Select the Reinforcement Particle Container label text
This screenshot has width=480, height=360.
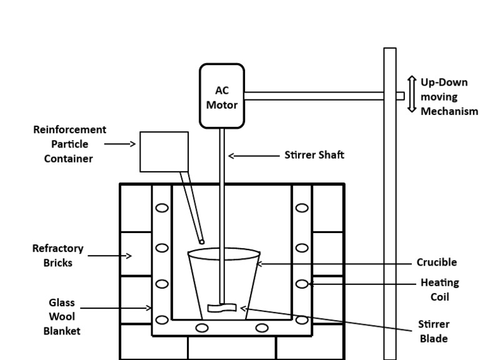tap(69, 144)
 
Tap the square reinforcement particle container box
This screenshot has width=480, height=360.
tap(164, 151)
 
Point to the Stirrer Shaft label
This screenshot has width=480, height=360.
tap(314, 155)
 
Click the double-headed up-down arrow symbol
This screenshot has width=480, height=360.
tap(411, 94)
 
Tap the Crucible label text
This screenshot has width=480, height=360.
tap(436, 262)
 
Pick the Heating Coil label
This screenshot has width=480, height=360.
tap(439, 290)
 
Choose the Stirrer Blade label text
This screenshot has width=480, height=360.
tap(434, 331)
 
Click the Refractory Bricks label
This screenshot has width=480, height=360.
tap(57, 256)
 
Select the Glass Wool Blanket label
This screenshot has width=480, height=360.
tap(61, 316)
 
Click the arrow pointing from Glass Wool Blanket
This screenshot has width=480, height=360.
tap(116, 307)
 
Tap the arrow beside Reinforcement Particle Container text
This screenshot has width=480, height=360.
tap(119, 144)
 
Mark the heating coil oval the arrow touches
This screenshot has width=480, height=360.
tap(302, 284)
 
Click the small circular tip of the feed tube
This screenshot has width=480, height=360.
tap(201, 241)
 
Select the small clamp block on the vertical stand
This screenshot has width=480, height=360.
tap(400, 96)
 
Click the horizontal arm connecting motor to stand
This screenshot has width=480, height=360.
tap(313, 96)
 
